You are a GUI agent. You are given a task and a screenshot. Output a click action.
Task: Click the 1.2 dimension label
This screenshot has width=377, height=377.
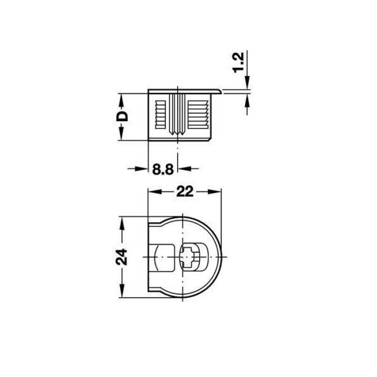(238, 62)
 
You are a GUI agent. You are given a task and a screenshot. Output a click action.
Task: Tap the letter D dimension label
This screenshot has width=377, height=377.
(122, 116)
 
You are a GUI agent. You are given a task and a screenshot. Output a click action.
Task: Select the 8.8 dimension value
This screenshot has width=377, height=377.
(163, 169)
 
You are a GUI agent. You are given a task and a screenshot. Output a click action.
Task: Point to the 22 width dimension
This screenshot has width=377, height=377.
(185, 192)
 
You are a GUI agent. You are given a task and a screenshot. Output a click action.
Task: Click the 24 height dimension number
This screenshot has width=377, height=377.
(122, 257)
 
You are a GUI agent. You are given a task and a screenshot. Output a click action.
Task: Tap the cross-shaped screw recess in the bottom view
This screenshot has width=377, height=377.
(190, 257)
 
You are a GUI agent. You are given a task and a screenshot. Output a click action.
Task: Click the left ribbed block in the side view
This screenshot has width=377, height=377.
(160, 114)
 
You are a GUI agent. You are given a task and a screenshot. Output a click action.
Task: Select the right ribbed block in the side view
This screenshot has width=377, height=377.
(198, 114)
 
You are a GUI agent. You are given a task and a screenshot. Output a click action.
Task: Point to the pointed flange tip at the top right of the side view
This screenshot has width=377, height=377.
(221, 92)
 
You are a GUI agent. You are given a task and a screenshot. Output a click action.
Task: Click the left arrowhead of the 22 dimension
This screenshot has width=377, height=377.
(154, 192)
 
